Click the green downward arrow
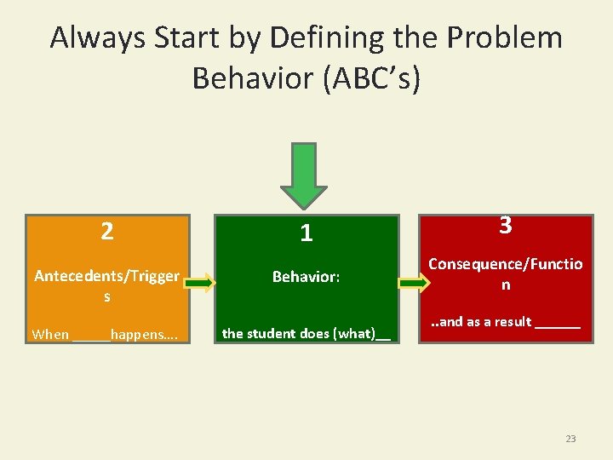pos(305,174)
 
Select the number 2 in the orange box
pos(106,231)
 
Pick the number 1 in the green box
pos(306,233)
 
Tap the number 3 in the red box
pos(505,226)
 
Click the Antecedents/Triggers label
pos(106,285)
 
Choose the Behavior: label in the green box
pos(306,277)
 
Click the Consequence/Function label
pos(505,273)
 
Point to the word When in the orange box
pos(50,334)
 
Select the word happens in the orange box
pos(140,334)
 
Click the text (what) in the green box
pos(356,333)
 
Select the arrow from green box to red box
pos(415,283)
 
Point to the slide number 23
pos(570,439)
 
